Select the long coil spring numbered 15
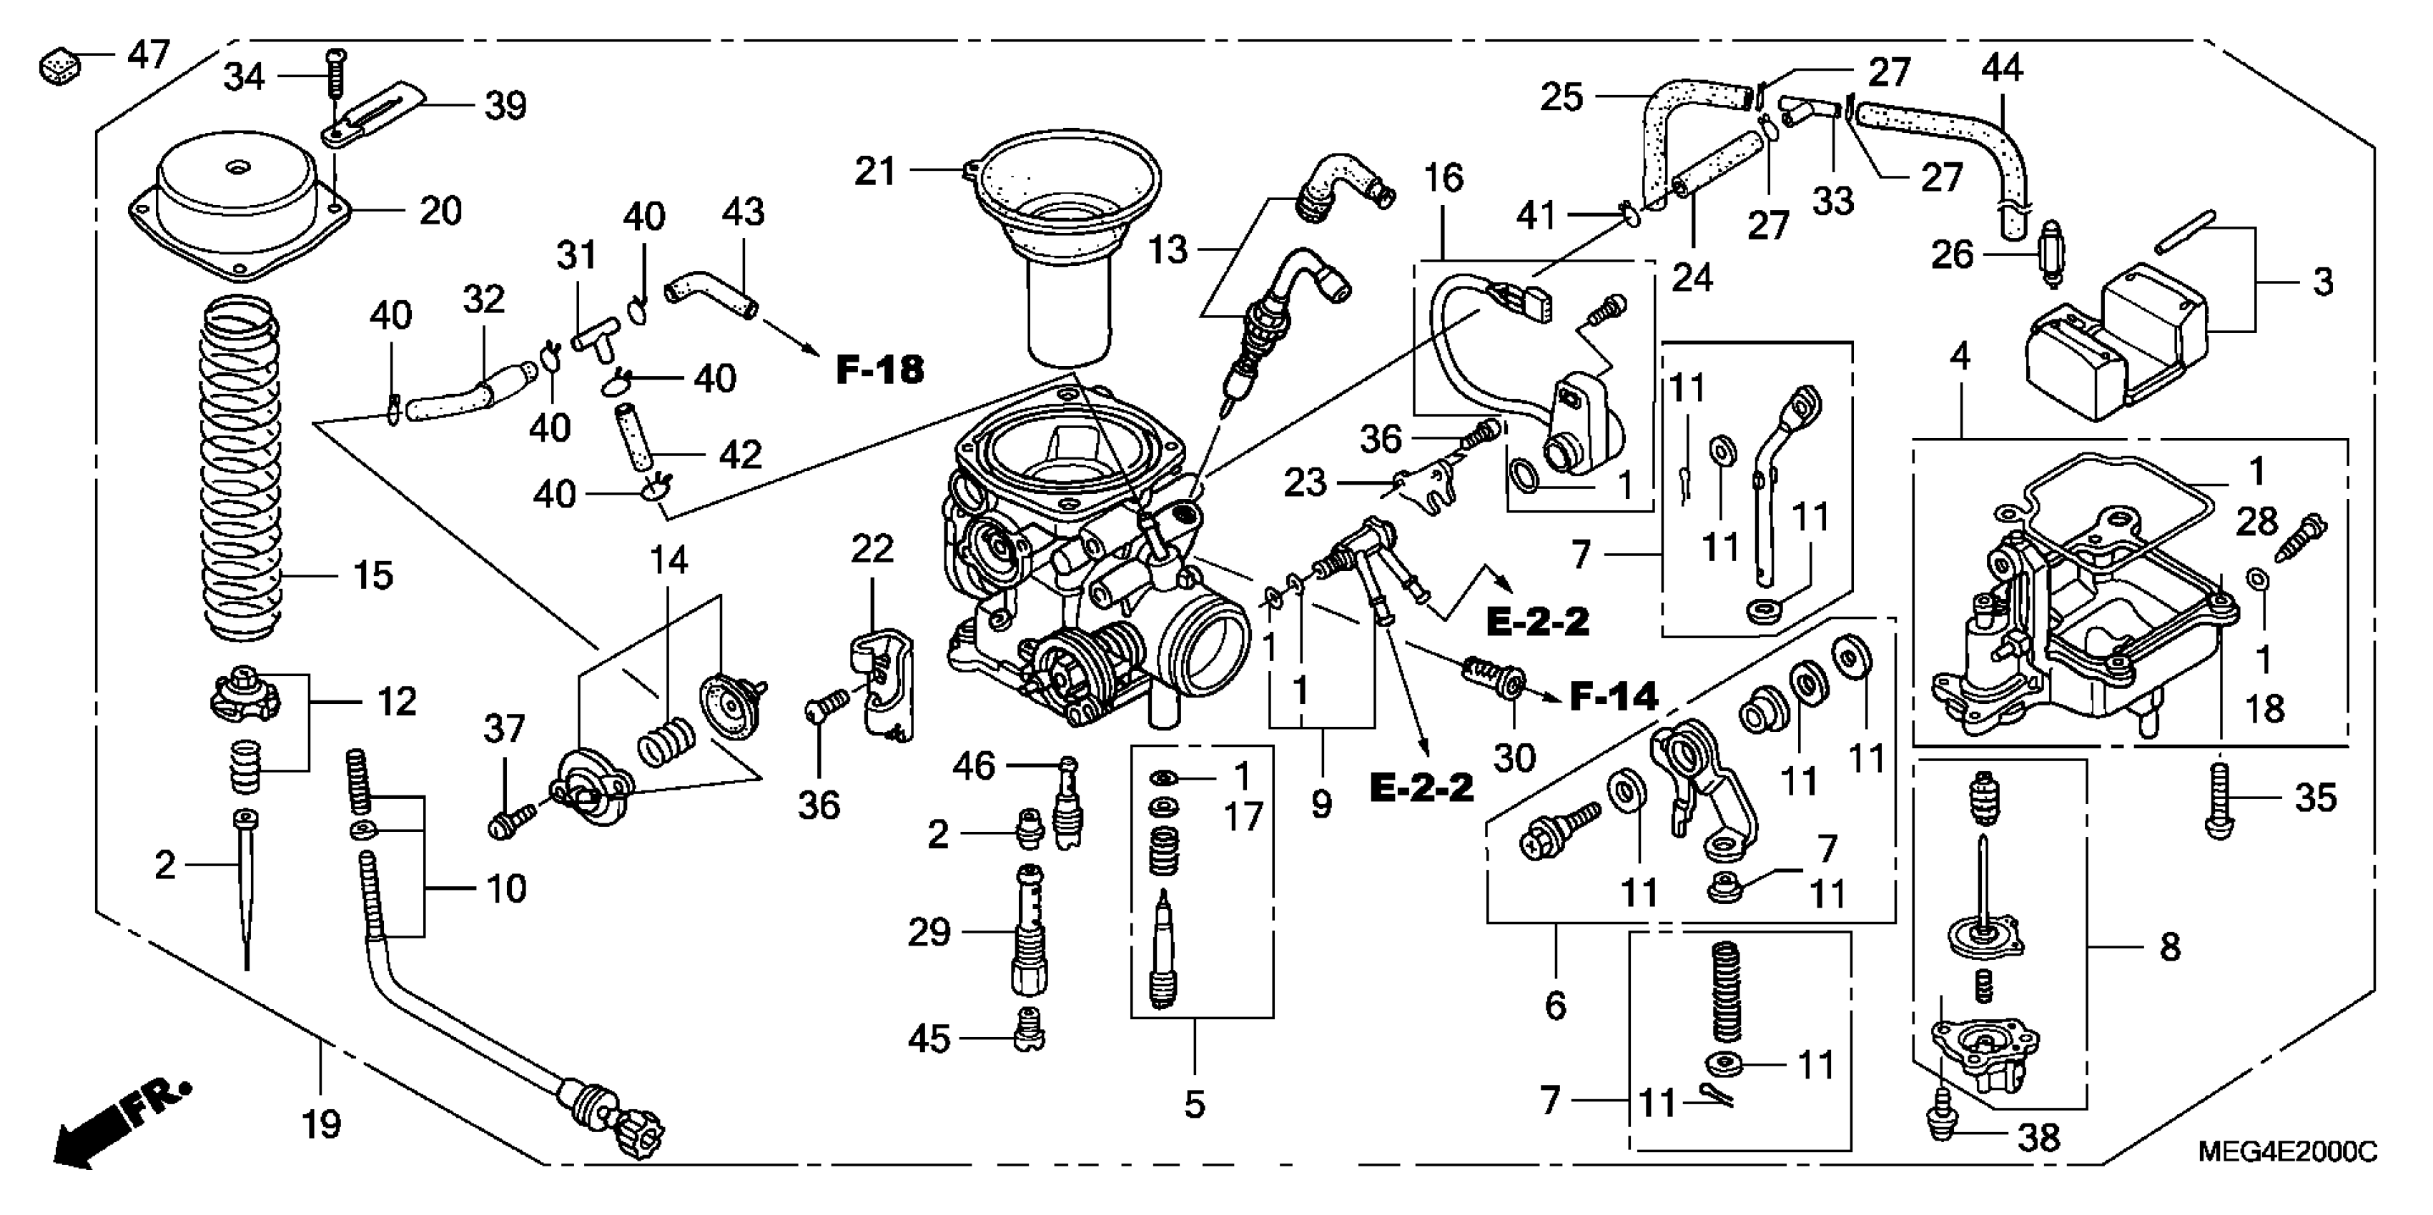(242, 467)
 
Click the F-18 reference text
(879, 370)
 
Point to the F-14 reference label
(1613, 697)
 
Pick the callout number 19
(320, 1124)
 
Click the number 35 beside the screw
(2315, 798)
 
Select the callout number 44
(2001, 68)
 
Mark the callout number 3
(2322, 282)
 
